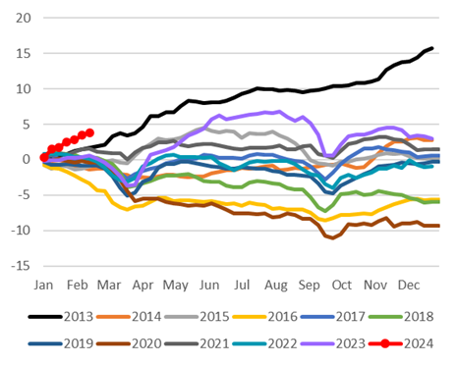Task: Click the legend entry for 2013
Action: coord(61,317)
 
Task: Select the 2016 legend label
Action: coord(265,317)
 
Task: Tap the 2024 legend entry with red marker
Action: coord(401,343)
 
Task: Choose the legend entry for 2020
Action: coord(130,343)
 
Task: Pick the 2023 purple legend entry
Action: coord(333,343)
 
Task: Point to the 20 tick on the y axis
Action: coord(24,18)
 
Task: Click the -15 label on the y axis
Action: coord(21,266)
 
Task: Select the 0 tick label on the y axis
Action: coord(27,160)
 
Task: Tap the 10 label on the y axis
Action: coord(24,89)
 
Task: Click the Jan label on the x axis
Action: coord(43,286)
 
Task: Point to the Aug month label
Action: coord(276,286)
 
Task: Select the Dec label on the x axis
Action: coord(409,286)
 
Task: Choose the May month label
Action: coord(176,286)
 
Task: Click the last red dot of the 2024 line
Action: coord(89,132)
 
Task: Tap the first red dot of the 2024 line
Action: coord(44,158)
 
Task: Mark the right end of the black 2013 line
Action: coord(432,48)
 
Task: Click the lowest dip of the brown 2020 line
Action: coord(333,238)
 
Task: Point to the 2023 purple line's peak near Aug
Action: coord(279,112)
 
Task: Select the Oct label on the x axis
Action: coord(342,286)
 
